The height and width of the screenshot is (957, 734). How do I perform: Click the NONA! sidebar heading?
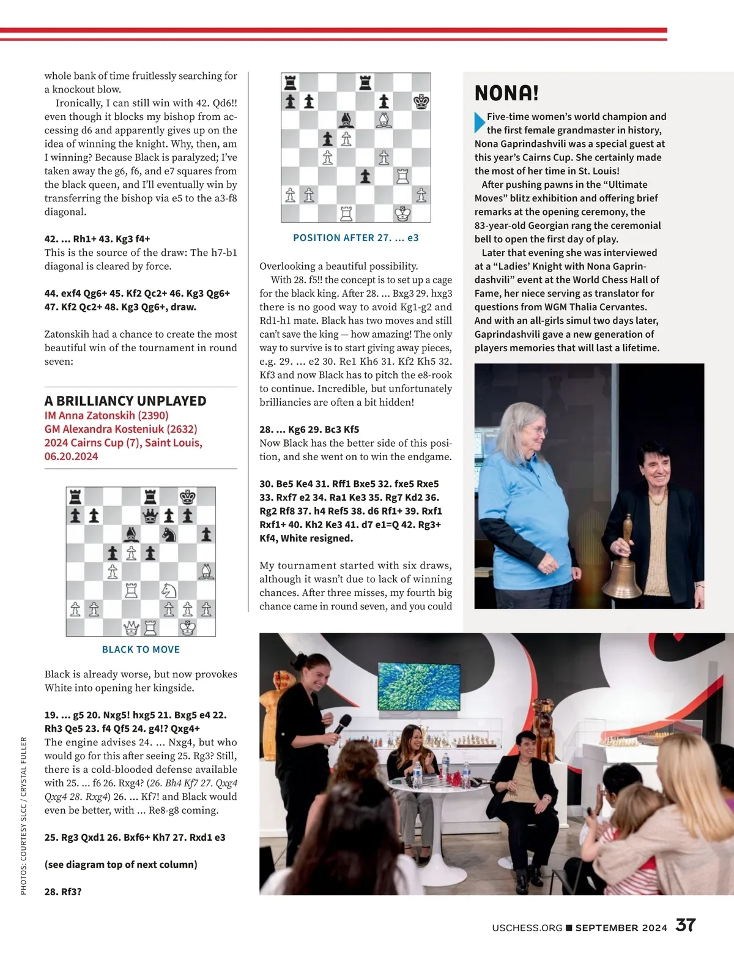pos(506,93)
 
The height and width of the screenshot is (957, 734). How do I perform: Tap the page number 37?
pos(686,925)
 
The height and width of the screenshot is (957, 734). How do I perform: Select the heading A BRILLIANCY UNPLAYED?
pos(125,401)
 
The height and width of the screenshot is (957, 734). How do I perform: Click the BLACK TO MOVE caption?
pos(141,649)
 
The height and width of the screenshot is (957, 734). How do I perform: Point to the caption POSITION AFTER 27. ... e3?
pos(356,237)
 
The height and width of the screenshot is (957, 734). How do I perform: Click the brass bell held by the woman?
pos(623,575)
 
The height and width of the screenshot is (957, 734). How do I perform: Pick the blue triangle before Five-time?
pos(480,123)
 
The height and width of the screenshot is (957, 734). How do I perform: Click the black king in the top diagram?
pos(421,102)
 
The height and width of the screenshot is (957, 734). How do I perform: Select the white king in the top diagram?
pos(402,214)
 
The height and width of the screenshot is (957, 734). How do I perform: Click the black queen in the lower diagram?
pos(150,516)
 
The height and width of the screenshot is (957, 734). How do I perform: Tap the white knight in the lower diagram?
pos(169,590)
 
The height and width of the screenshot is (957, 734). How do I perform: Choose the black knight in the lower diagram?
pos(169,535)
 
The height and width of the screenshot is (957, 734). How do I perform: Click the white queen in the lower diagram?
pos(132,628)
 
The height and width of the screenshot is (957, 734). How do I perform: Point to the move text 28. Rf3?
pos(63,892)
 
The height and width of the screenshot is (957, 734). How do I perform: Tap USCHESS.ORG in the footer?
pos(527,928)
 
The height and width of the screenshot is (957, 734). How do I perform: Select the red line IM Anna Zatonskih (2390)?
pos(106,415)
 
